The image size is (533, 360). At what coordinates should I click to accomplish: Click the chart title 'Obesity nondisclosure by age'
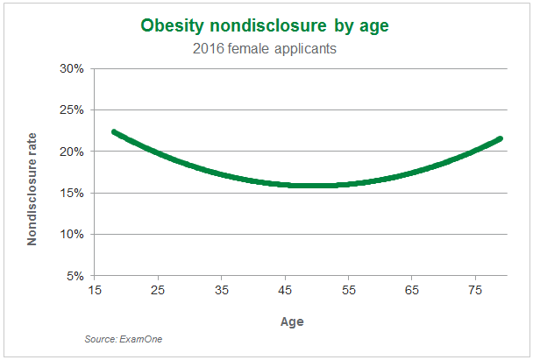(x=265, y=25)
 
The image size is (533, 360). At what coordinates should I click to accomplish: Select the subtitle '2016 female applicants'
(x=265, y=48)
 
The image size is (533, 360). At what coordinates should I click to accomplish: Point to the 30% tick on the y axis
(x=72, y=68)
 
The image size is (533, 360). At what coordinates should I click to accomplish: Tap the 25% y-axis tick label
(x=72, y=110)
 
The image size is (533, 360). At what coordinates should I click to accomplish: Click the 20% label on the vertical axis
(x=72, y=152)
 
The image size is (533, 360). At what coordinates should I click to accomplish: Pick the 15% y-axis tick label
(x=72, y=193)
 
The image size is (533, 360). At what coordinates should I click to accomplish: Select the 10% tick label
(x=72, y=235)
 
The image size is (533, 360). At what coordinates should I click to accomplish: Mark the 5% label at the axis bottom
(x=75, y=276)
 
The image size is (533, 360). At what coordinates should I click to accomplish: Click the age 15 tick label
(x=95, y=290)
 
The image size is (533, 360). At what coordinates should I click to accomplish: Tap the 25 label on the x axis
(x=158, y=290)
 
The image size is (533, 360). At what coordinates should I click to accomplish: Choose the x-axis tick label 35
(x=221, y=290)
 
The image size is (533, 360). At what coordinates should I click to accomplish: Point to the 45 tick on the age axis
(x=285, y=290)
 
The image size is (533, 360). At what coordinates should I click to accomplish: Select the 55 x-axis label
(x=348, y=290)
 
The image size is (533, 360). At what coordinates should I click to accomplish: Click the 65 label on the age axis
(x=412, y=290)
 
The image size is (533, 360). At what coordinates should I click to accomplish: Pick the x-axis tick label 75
(x=475, y=290)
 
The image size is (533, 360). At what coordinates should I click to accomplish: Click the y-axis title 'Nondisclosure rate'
(x=32, y=189)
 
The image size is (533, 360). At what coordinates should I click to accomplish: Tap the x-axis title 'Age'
(x=292, y=321)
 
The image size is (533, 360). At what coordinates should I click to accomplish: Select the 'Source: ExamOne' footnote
(x=124, y=339)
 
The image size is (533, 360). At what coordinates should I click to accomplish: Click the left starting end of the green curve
(x=114, y=132)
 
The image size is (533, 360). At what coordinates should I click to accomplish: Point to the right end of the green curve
(x=500, y=138)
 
